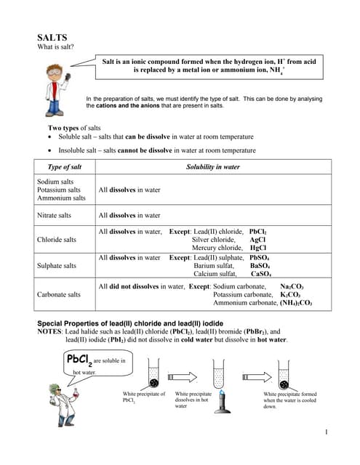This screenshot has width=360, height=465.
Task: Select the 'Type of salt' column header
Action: [65, 167]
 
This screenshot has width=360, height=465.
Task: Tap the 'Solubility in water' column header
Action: [212, 167]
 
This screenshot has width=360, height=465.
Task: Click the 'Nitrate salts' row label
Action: [54, 215]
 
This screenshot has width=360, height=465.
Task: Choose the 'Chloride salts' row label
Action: [56, 239]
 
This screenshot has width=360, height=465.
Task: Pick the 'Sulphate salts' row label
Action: [57, 266]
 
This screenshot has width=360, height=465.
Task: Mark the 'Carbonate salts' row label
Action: [59, 295]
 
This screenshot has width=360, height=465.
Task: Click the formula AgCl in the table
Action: [257, 239]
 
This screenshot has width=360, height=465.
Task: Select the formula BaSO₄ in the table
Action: [260, 266]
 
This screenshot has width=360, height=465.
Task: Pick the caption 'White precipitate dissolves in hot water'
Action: [193, 400]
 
